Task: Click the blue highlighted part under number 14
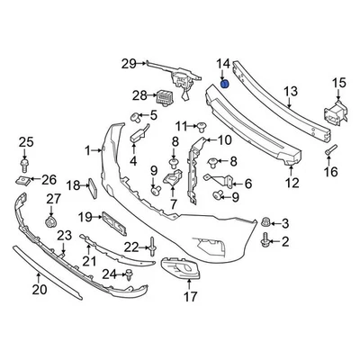(x=225, y=84)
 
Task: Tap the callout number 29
(x=128, y=62)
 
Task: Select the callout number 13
(x=290, y=91)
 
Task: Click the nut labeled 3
(x=266, y=222)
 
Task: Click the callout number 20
(x=39, y=289)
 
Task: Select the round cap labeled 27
(x=52, y=221)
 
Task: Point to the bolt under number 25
(x=26, y=164)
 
